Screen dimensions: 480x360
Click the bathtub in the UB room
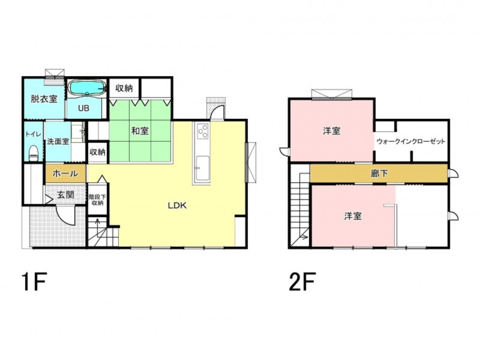click(86, 88)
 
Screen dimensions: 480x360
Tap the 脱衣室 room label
click(44, 99)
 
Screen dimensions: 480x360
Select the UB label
click(83, 108)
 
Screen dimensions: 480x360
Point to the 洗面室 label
click(58, 142)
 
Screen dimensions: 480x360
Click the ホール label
click(65, 173)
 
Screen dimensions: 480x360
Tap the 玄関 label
click(66, 194)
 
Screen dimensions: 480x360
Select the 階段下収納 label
click(97, 200)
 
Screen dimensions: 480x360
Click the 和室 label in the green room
click(140, 131)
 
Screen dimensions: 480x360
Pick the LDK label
click(177, 205)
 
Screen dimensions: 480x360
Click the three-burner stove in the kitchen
click(203, 131)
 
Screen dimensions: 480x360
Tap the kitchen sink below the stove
click(202, 168)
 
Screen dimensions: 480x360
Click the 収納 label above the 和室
click(124, 88)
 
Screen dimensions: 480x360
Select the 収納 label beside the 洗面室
click(97, 152)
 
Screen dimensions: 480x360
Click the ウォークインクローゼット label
click(411, 142)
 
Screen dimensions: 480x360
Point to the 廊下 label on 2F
click(379, 174)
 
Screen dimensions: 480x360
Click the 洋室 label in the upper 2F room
click(332, 131)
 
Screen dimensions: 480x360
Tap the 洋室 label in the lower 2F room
click(353, 216)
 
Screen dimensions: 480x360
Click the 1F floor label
click(34, 282)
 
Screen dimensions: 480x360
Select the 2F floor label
click(302, 282)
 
